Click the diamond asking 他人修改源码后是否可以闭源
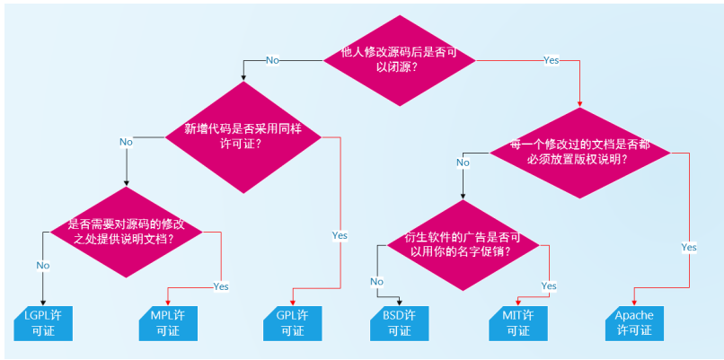pyautogui.click(x=399, y=59)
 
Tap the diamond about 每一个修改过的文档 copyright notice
pyautogui.click(x=579, y=151)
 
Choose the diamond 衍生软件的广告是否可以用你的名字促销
pyautogui.click(x=464, y=244)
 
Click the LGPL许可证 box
pyautogui.click(x=42, y=323)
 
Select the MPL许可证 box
pyautogui.click(x=167, y=323)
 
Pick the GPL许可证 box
pyautogui.click(x=292, y=323)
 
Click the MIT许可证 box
pyautogui.click(x=518, y=323)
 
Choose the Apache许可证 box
pyautogui.click(x=635, y=323)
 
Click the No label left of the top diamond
pyautogui.click(x=272, y=60)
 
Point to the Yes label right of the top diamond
pyautogui.click(x=551, y=60)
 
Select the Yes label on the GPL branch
pyautogui.click(x=340, y=235)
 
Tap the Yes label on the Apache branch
pyautogui.click(x=689, y=247)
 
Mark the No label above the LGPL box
pyautogui.click(x=42, y=265)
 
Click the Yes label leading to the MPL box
pyautogui.click(x=220, y=286)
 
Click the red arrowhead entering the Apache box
pyautogui.click(x=635, y=302)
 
